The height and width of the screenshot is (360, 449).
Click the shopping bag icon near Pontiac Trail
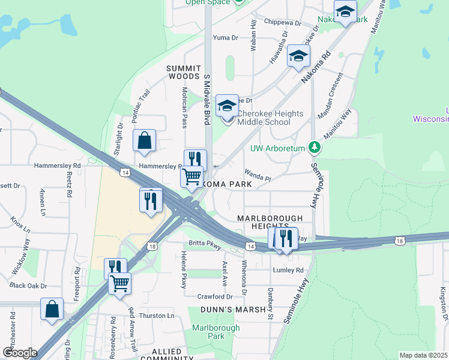(x=145, y=141)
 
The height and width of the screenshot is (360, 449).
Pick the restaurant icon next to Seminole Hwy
(x=287, y=238)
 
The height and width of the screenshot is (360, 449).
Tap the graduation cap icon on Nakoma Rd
(x=298, y=56)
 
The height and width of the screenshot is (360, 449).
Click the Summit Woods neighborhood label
(x=183, y=73)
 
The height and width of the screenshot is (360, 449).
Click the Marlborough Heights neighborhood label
(x=267, y=221)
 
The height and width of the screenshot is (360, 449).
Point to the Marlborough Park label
(x=216, y=332)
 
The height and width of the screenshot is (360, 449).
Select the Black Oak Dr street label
(x=28, y=286)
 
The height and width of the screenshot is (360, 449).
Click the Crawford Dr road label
(x=214, y=296)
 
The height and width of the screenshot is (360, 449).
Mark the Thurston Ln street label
(x=156, y=316)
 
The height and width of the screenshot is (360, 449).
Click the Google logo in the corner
(x=20, y=353)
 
